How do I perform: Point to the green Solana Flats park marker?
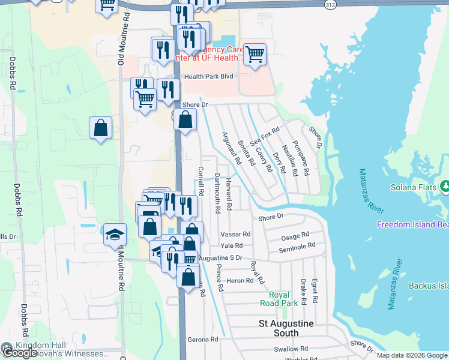pos(444,187)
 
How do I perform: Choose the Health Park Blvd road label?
pos(208,76)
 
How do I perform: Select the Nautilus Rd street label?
pos(289,161)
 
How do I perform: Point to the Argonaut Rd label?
pos(232,149)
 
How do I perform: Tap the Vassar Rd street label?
pos(235,233)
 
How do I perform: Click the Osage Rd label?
pos(294,236)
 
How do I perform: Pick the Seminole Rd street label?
pos(298,247)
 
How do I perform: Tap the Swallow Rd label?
pos(290,349)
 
